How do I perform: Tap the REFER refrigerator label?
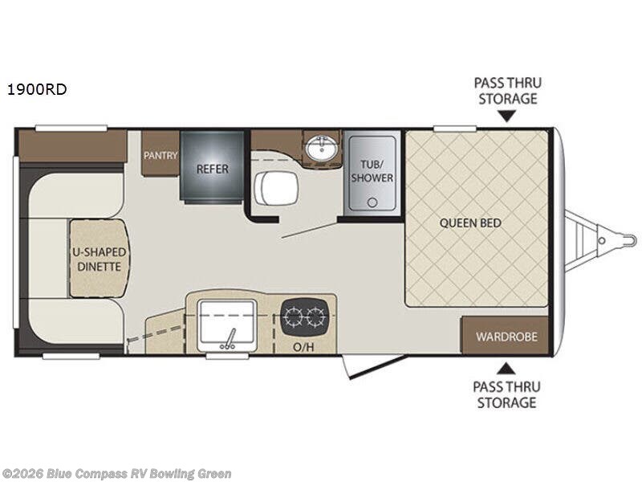click(x=213, y=169)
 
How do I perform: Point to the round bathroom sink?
click(x=323, y=148)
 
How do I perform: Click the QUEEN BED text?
click(x=476, y=222)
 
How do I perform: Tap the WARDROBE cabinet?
click(x=506, y=336)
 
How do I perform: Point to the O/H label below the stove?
click(x=303, y=347)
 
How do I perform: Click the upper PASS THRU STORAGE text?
click(x=506, y=90)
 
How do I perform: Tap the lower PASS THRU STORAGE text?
click(x=506, y=394)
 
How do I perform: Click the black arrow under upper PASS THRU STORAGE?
click(x=506, y=116)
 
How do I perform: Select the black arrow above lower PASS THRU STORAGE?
click(x=506, y=368)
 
